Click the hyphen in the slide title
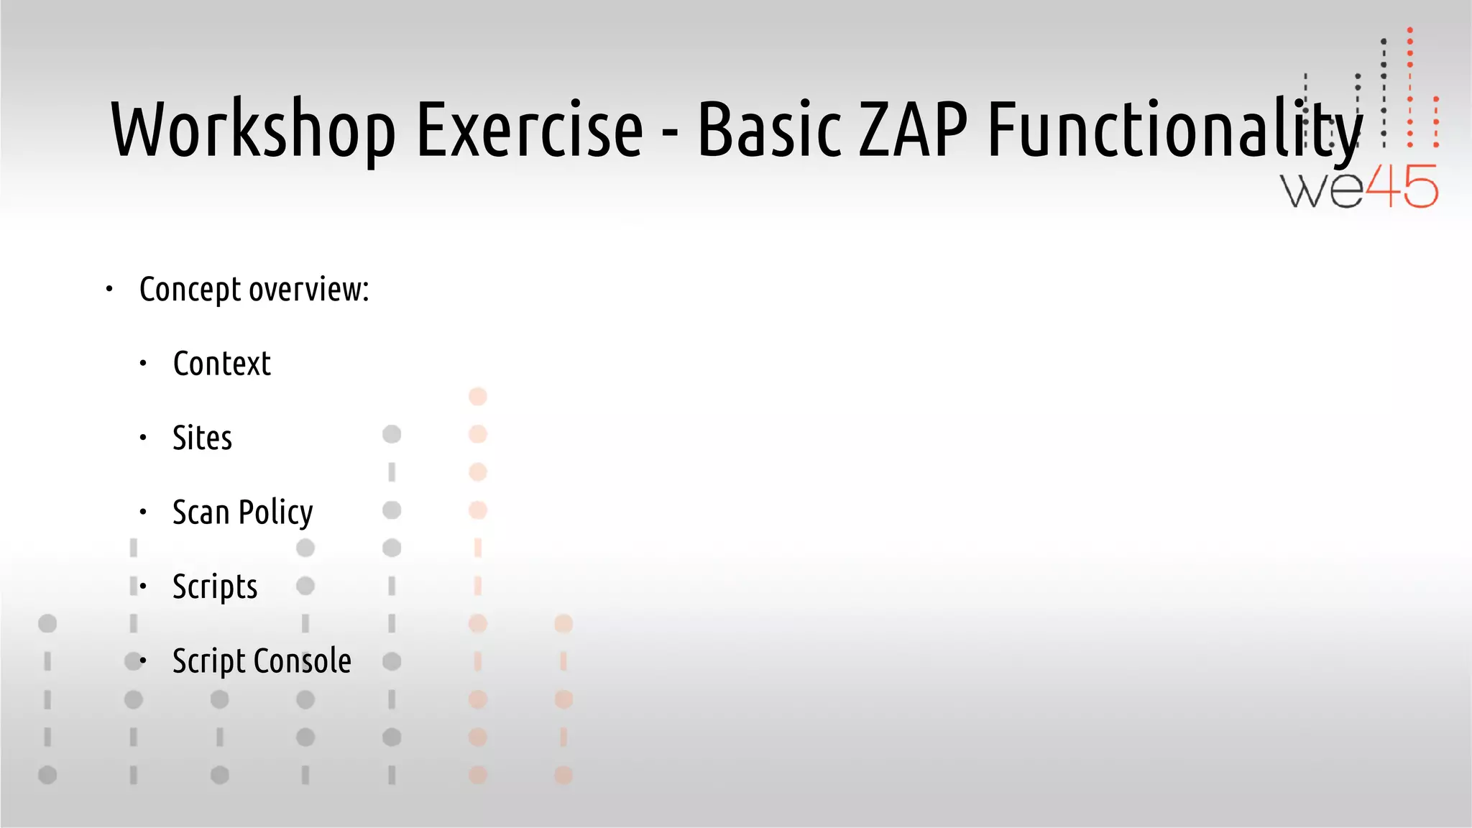670,134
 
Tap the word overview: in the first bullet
309,290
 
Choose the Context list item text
222,364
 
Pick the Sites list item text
203,438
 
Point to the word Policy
276,513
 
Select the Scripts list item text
215,587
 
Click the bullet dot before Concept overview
109,290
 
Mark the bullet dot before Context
143,364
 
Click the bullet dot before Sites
143,438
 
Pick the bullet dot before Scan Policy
143,512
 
